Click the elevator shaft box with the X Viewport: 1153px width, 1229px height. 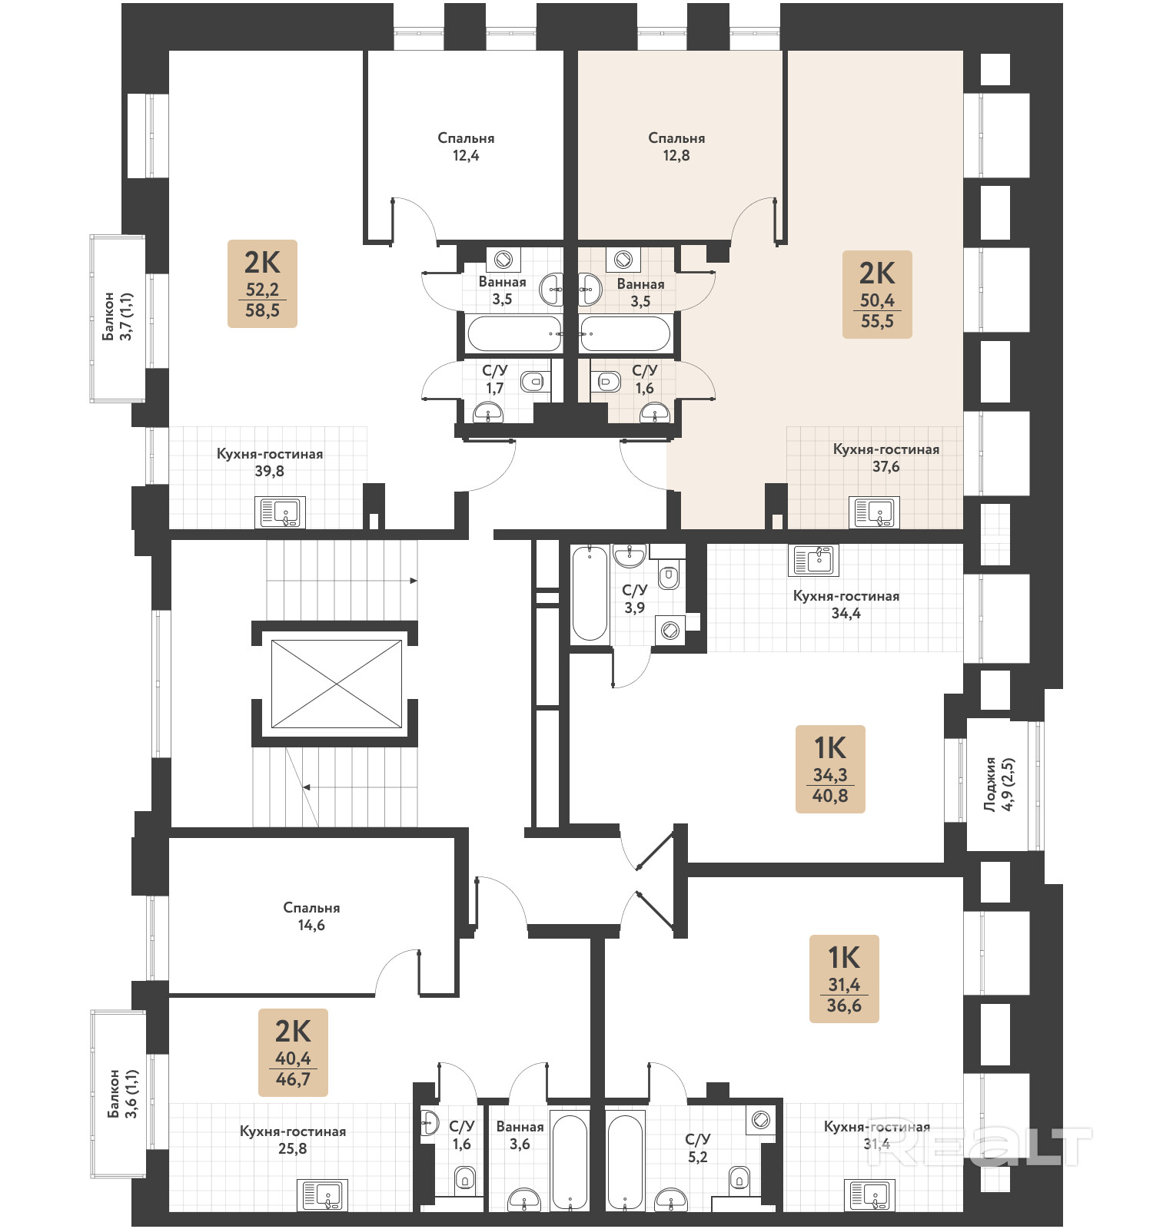pos(336,684)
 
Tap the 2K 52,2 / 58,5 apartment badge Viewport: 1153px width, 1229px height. pos(262,283)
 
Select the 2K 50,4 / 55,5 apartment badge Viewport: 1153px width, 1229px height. pos(877,294)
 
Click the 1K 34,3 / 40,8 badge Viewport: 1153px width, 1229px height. pos(830,769)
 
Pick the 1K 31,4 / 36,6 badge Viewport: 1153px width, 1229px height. pos(844,979)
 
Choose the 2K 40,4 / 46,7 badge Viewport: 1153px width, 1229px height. pos(293,1052)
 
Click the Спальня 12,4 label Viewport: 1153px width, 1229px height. pos(466,147)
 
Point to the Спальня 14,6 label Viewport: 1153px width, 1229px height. pos(311,916)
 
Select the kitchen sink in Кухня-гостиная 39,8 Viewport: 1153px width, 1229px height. pos(280,512)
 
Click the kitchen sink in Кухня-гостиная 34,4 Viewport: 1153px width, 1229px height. pos(813,560)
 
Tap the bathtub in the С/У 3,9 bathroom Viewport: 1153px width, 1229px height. pos(590,593)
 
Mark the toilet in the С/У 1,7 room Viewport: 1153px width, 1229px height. pos(532,381)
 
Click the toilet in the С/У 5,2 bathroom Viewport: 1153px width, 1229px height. pos(739,1178)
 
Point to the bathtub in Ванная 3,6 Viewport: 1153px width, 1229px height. pos(570,1161)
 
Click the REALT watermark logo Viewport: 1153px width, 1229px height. pos(980,1147)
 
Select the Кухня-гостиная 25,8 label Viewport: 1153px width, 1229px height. pos(293,1140)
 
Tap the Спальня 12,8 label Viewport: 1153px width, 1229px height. pos(676,147)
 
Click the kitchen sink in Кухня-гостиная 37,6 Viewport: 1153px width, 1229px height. pos(875,512)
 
